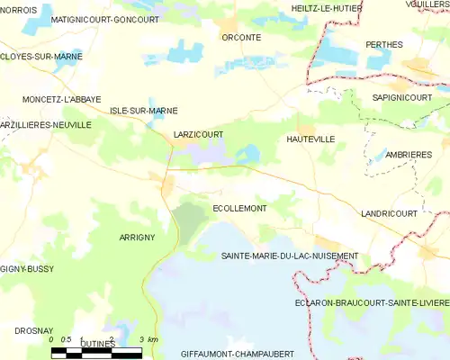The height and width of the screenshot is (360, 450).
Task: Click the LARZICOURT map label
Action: click(x=198, y=135)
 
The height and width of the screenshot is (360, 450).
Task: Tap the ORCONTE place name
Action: click(x=242, y=38)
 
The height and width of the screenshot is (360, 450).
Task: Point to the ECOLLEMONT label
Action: click(x=239, y=208)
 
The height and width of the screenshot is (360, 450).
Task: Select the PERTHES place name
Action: click(x=384, y=44)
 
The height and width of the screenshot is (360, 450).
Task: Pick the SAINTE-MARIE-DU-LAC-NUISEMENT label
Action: click(x=290, y=256)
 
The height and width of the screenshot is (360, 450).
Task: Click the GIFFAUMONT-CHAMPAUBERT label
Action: click(x=239, y=354)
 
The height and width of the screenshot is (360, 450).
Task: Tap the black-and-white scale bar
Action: click(x=95, y=352)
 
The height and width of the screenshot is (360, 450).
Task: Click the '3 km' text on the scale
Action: click(x=149, y=339)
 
